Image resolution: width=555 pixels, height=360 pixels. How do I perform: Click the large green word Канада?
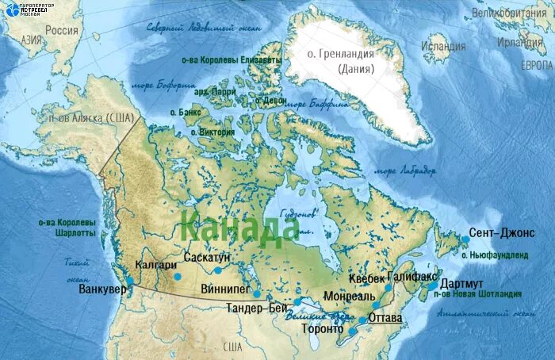239,225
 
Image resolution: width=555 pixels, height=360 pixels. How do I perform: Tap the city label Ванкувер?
102,290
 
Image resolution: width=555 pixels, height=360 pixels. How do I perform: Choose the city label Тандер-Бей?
256,308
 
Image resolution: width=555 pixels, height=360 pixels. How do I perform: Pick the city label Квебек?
366,278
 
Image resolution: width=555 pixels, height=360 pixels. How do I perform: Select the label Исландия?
443,46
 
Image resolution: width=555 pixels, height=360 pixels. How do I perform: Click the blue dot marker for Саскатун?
217,270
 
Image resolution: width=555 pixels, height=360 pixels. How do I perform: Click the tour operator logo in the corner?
24,10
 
